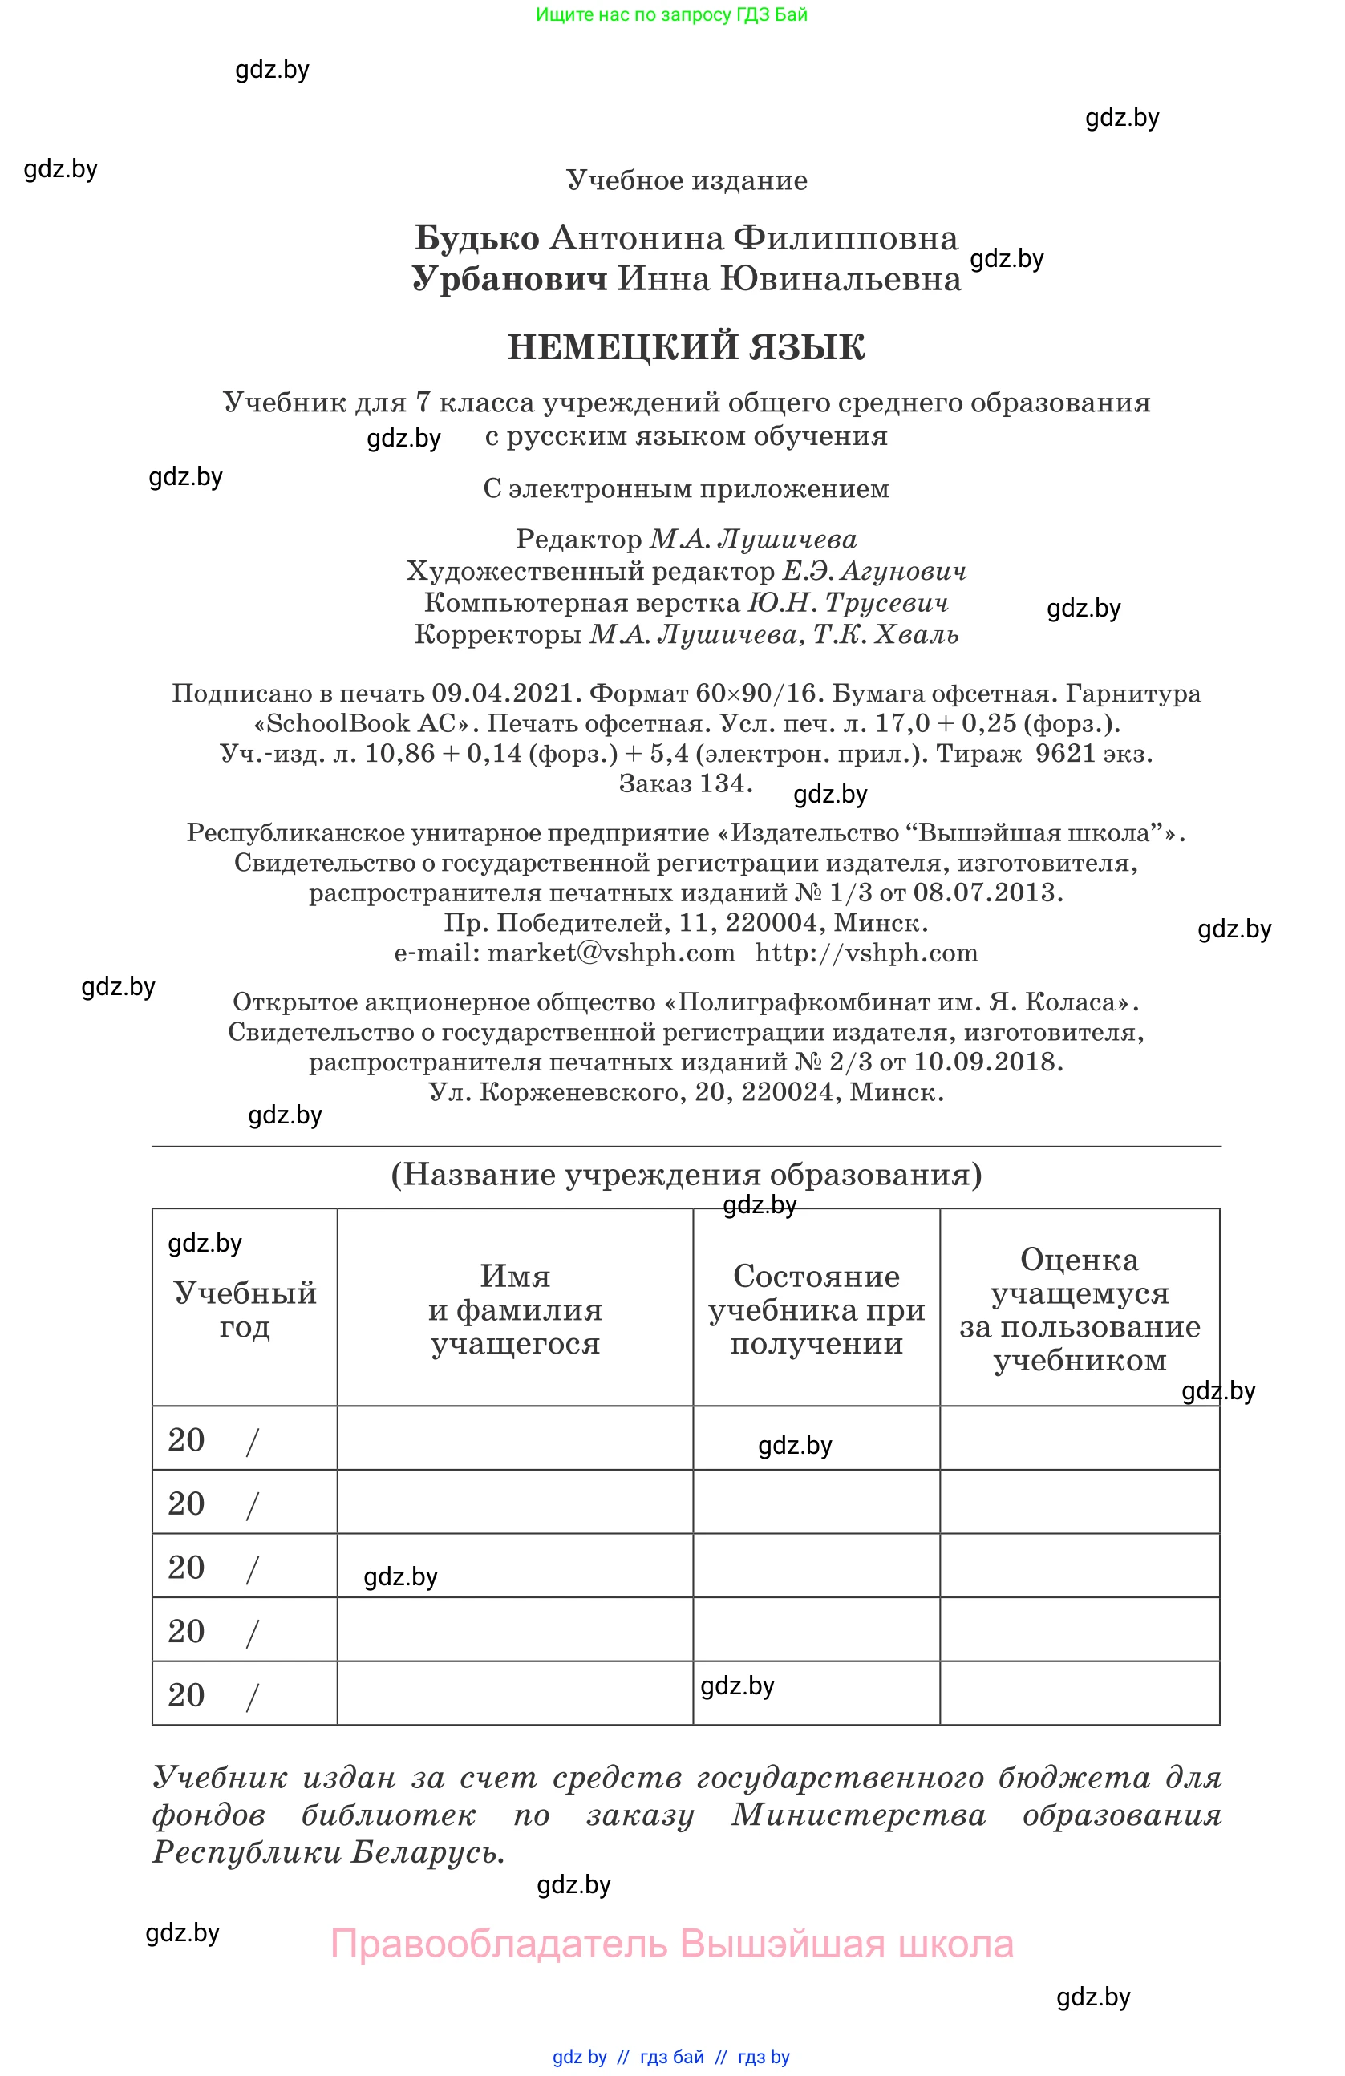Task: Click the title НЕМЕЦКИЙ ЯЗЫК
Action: (x=686, y=347)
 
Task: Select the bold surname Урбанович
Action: (x=509, y=278)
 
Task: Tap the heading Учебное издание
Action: (x=687, y=180)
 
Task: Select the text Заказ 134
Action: (x=685, y=783)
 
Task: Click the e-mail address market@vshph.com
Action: (x=610, y=953)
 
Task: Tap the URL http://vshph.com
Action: (x=866, y=953)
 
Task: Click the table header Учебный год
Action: (x=245, y=1309)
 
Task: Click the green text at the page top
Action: (x=671, y=14)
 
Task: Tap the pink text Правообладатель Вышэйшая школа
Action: (x=671, y=1944)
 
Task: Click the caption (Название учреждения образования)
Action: (x=686, y=1174)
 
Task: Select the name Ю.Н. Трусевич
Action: (x=848, y=602)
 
